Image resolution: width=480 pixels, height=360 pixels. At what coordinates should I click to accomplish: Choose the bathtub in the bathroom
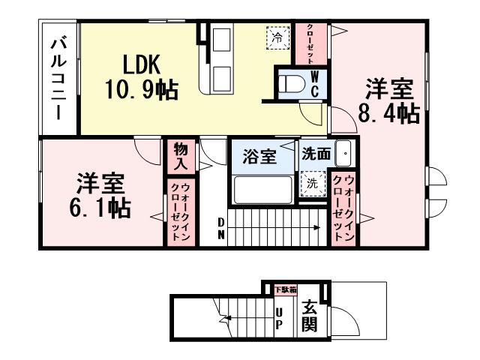(262, 189)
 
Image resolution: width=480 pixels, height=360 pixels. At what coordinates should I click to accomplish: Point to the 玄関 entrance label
(309, 316)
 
